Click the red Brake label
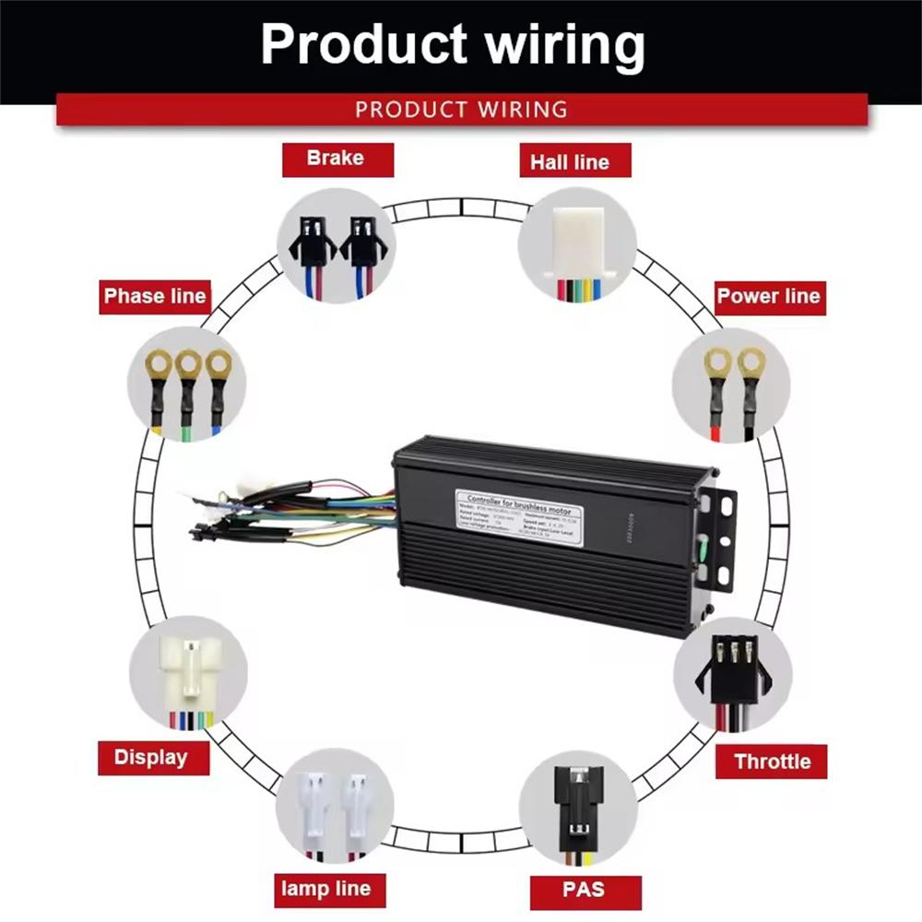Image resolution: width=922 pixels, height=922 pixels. coord(337,159)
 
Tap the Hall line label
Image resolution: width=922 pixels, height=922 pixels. coord(569,162)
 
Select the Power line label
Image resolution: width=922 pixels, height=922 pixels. coord(768,297)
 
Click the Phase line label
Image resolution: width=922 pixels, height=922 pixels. coord(155,297)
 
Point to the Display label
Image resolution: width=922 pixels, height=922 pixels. coord(151,758)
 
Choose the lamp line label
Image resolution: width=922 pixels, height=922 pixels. coord(325,889)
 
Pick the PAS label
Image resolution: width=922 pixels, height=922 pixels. coord(584,890)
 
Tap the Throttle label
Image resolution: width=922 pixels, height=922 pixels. coord(772,762)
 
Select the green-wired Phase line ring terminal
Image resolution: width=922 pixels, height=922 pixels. coord(189,387)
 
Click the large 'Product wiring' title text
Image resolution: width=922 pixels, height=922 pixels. coord(452,44)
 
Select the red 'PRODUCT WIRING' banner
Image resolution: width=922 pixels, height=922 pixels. coord(461,110)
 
